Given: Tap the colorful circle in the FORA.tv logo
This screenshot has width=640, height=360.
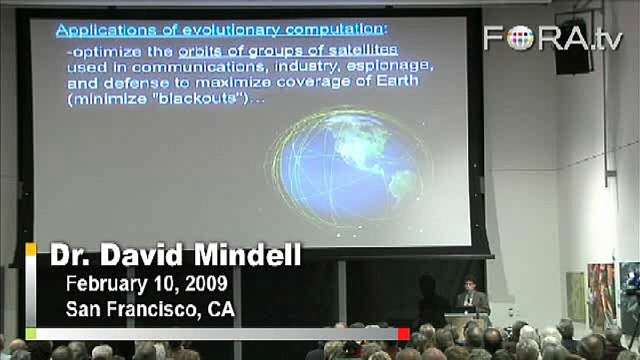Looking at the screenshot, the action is pos(520,38).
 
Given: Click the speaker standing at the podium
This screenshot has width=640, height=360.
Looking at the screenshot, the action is pos(471,295).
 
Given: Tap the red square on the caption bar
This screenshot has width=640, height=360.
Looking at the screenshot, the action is pos(404,334).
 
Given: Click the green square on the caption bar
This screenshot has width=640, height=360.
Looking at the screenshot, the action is pos(31,334).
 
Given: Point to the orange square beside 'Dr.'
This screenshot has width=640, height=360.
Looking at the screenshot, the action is pos(31,249).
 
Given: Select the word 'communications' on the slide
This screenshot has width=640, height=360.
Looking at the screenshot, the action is pos(198,67).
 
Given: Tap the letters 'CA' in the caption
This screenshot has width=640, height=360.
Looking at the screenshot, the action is pos(221,309).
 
